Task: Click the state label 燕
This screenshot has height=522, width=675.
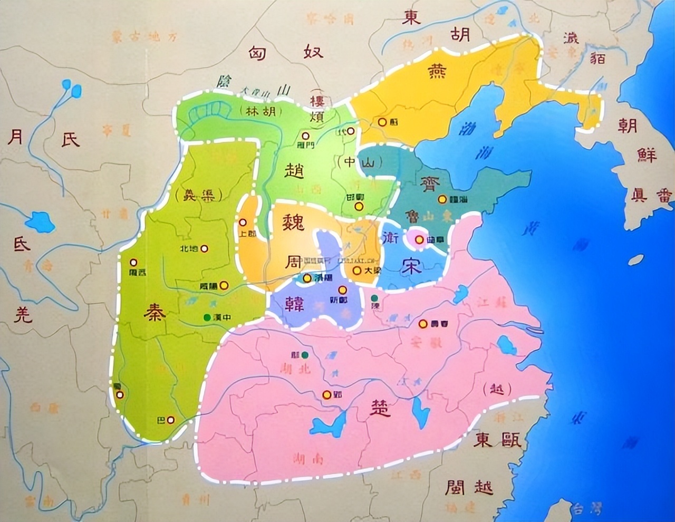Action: tap(437, 70)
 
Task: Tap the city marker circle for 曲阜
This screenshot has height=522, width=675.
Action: tap(419, 239)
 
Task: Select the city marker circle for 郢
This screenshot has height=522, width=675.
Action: tap(327, 395)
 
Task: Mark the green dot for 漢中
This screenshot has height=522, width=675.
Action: tap(207, 317)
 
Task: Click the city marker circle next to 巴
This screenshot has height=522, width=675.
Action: tap(170, 420)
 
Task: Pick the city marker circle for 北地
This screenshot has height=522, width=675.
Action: tap(204, 248)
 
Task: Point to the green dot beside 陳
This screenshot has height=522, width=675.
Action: tap(374, 298)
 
